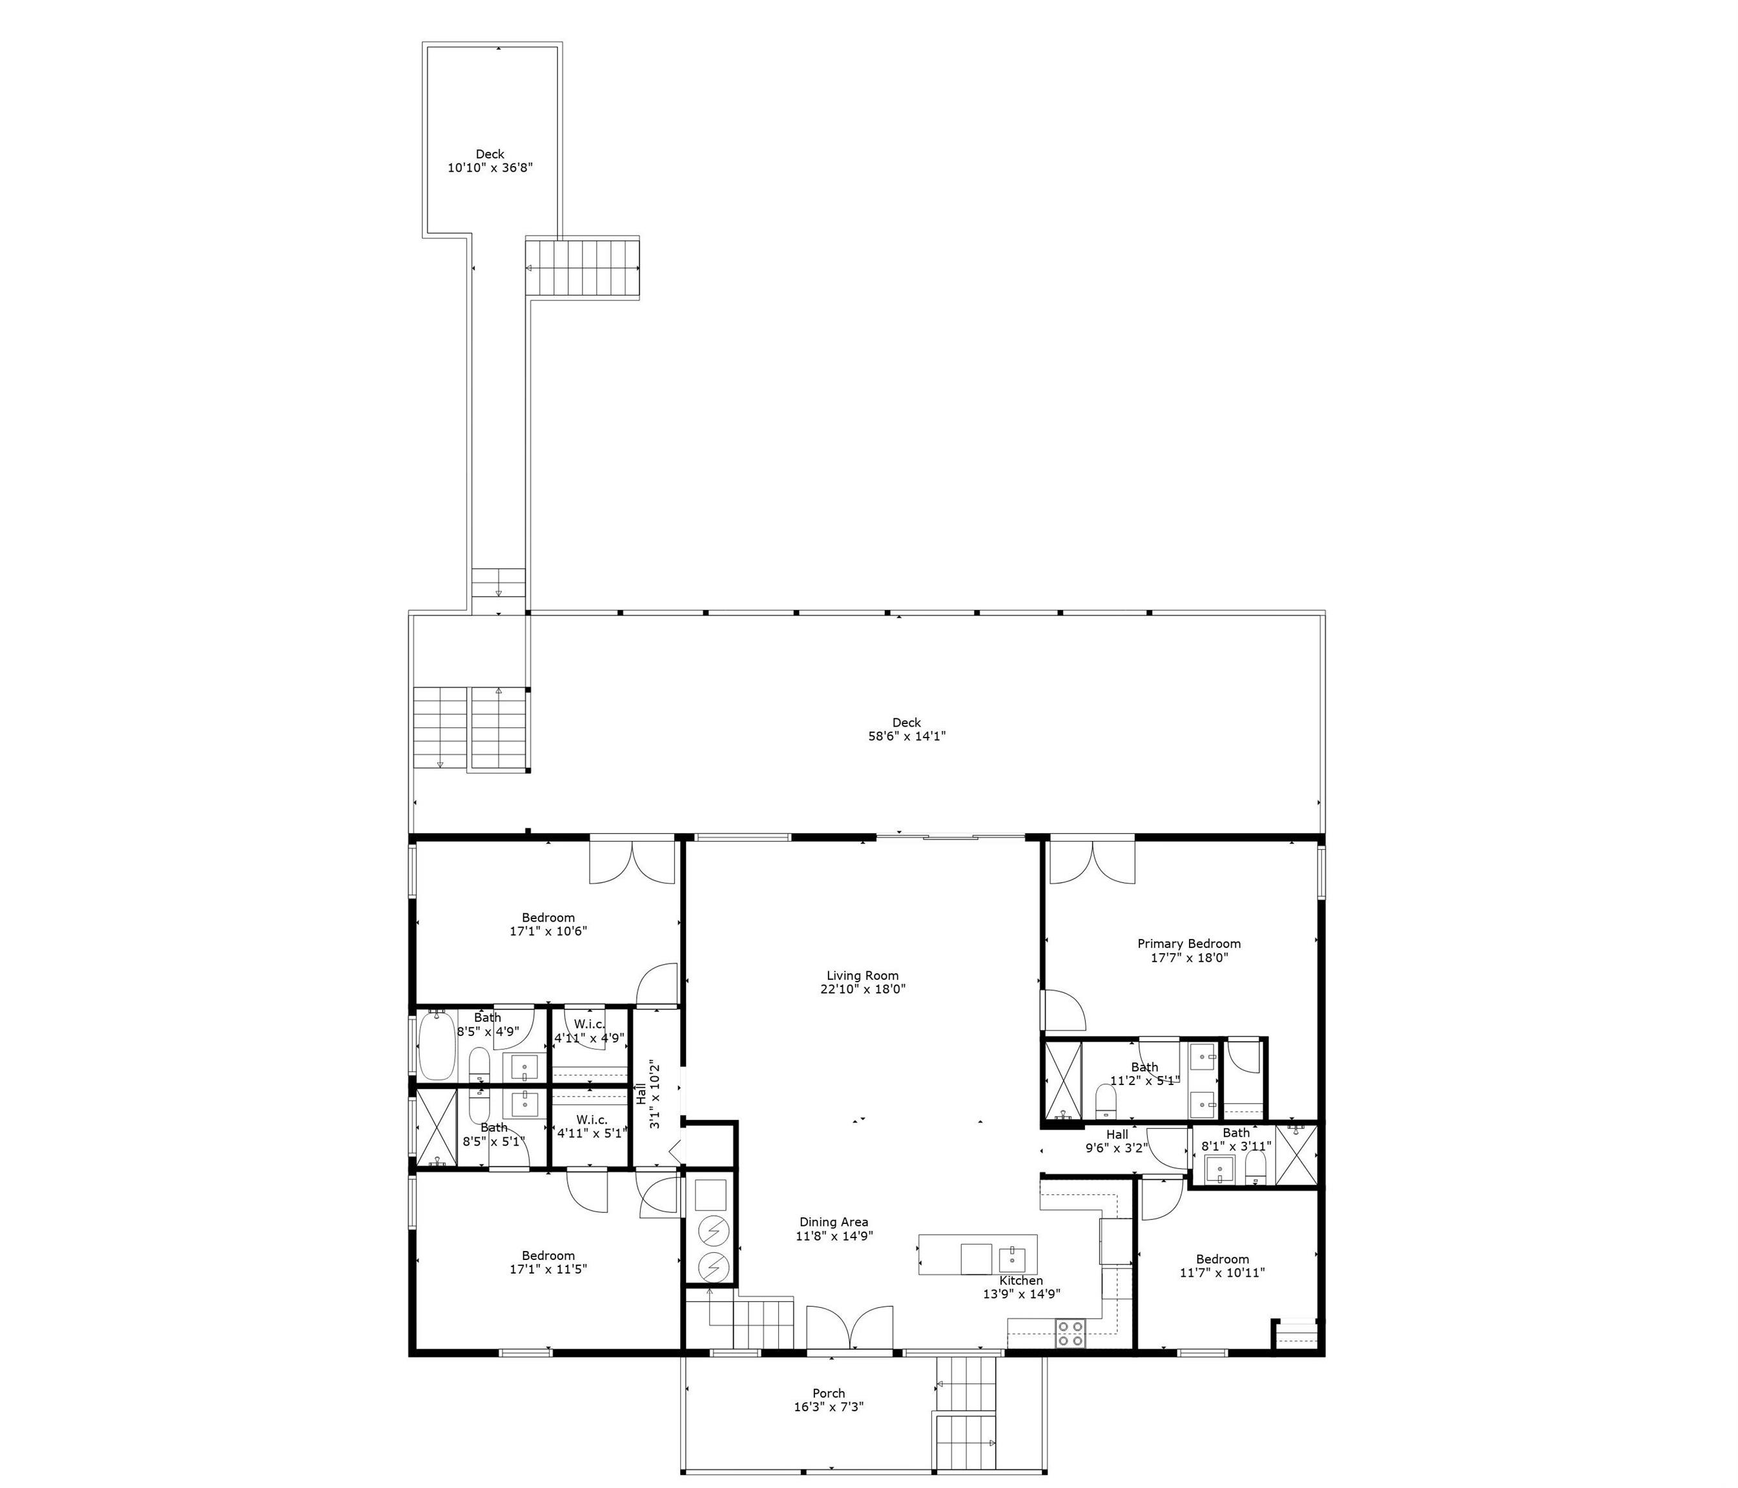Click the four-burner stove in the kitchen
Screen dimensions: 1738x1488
pos(1070,1334)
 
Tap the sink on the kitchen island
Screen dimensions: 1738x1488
pos(1013,1257)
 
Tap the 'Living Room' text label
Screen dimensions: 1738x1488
pos(862,975)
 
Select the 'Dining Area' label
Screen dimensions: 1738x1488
pos(834,1222)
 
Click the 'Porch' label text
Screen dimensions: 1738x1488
pos(829,1393)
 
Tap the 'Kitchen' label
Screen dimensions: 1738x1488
pos(1021,1280)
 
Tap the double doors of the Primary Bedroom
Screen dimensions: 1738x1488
pos(1092,860)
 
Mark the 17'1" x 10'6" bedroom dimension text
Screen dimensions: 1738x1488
pos(548,931)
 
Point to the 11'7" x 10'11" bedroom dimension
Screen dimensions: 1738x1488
pos(1222,1272)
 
